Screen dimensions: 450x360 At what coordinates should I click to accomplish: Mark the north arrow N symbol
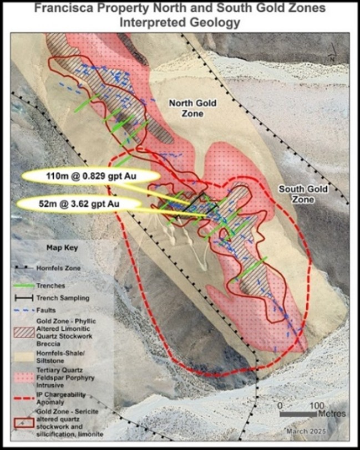pyautogui.click(x=331, y=57)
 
